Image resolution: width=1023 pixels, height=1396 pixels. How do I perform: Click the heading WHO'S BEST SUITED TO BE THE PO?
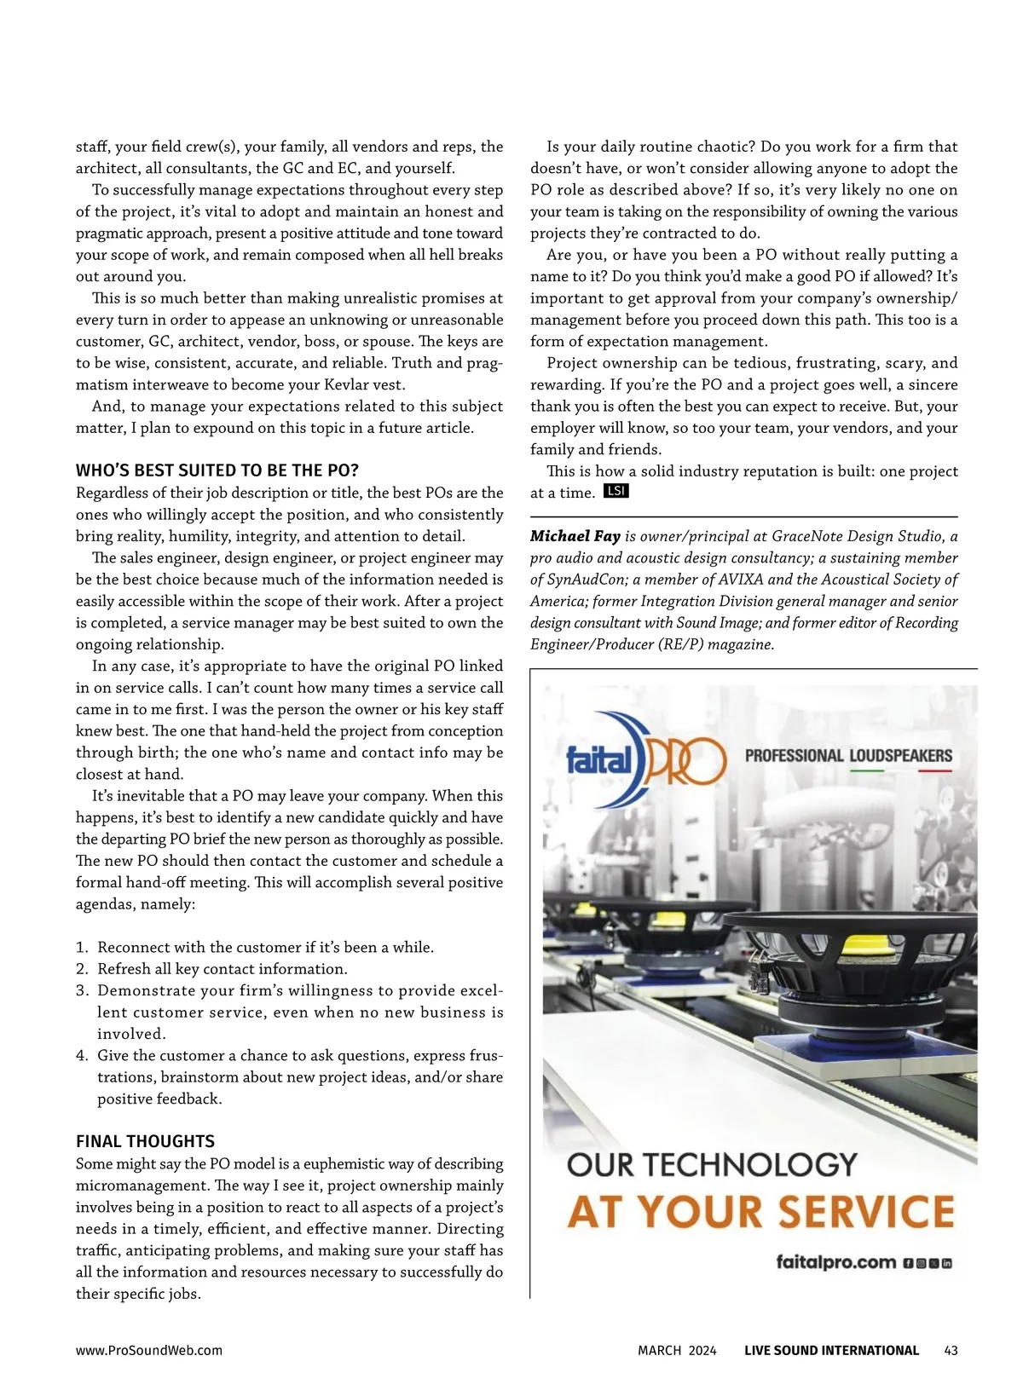pos(217,470)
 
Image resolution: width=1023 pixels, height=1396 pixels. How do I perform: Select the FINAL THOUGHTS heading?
pos(145,1141)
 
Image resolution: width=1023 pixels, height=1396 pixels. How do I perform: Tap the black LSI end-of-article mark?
pos(616,491)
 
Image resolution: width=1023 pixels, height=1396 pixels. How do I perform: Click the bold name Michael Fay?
pos(575,536)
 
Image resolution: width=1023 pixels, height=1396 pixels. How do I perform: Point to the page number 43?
pos(951,1350)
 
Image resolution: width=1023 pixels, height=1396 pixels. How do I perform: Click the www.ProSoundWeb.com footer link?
pos(149,1350)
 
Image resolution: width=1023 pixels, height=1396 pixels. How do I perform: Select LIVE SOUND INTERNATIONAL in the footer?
pos(831,1350)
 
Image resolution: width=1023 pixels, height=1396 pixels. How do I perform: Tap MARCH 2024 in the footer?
pos(677,1350)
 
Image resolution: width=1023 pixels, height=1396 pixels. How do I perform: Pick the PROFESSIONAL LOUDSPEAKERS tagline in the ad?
pos(848,755)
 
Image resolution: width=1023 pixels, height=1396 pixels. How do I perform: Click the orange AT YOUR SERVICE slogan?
pos(760,1211)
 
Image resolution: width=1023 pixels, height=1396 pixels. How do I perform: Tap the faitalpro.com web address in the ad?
pos(836,1262)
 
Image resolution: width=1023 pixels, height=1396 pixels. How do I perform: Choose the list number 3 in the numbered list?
pos(81,990)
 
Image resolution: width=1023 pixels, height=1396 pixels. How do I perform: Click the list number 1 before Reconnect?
pos(81,947)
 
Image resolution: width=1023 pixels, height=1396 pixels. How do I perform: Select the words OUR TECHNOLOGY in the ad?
pos(712,1164)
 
